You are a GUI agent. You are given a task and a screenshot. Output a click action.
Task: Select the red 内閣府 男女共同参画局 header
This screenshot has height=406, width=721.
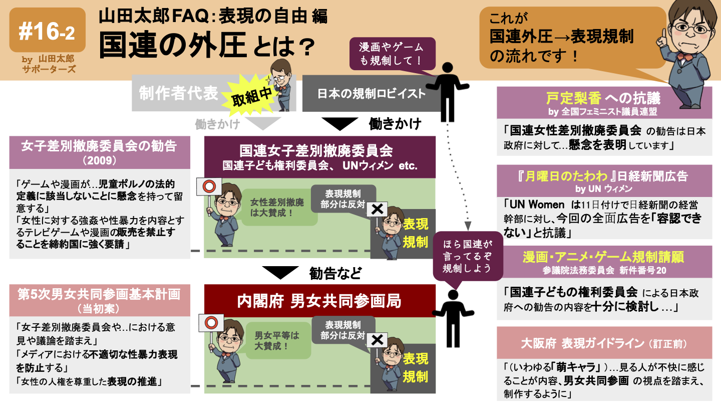point(319,301)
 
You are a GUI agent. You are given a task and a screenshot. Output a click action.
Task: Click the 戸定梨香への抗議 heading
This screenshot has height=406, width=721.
point(603,97)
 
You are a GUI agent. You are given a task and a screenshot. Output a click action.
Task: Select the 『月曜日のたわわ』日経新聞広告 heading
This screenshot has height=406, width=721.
point(603,176)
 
